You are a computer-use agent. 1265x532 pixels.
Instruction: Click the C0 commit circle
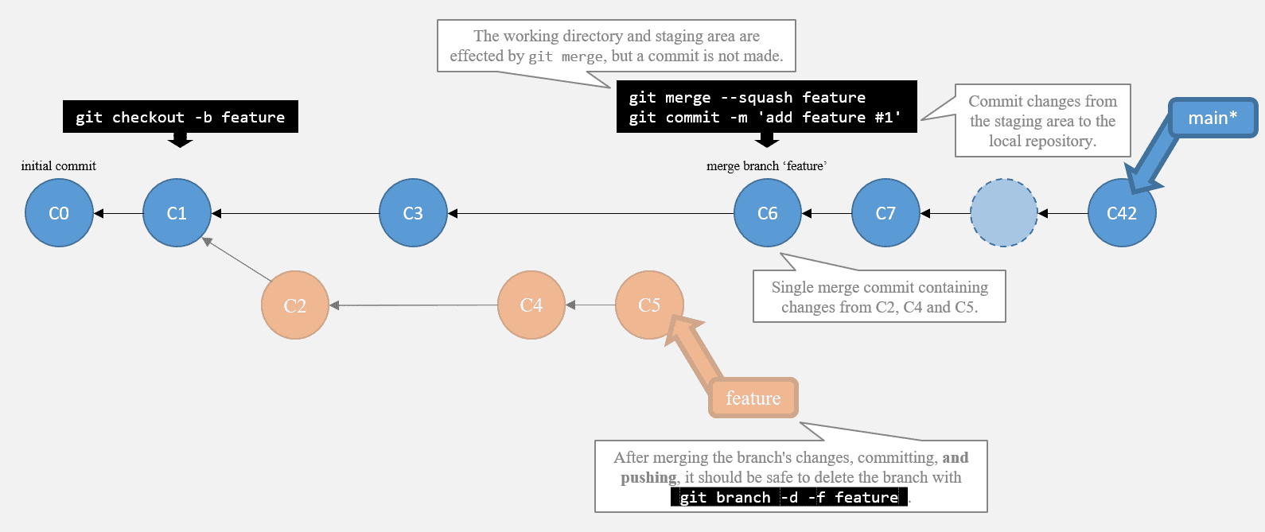[x=59, y=213]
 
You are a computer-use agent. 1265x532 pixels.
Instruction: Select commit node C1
[x=177, y=213]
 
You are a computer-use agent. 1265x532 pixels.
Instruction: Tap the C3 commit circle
[x=413, y=213]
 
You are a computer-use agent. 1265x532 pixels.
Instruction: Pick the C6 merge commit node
[x=768, y=213]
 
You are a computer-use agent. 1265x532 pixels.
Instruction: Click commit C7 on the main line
[x=885, y=213]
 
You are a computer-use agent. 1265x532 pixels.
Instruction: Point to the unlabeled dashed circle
[x=1003, y=213]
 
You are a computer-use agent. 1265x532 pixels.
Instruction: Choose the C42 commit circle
[x=1122, y=213]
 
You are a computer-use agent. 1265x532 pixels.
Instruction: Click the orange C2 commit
[x=295, y=305]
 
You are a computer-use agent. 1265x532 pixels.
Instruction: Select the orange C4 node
[x=531, y=305]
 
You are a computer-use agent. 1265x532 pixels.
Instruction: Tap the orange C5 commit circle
[x=649, y=305]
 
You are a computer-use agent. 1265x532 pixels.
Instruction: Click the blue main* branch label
[x=1212, y=118]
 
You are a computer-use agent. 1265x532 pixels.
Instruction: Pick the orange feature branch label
[x=753, y=398]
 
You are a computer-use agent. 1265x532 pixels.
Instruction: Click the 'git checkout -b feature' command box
[x=180, y=117]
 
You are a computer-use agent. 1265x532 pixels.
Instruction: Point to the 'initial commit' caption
[x=59, y=166]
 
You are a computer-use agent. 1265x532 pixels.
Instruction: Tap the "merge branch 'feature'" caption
[x=767, y=166]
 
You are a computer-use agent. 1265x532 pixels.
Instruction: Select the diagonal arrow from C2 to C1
[x=237, y=259]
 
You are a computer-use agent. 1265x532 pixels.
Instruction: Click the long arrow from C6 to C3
[x=590, y=213]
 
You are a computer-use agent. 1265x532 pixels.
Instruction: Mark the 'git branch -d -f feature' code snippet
[x=789, y=497]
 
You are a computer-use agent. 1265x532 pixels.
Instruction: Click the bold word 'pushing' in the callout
[x=649, y=478]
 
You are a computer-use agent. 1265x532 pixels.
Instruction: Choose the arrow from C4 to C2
[x=414, y=305]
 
